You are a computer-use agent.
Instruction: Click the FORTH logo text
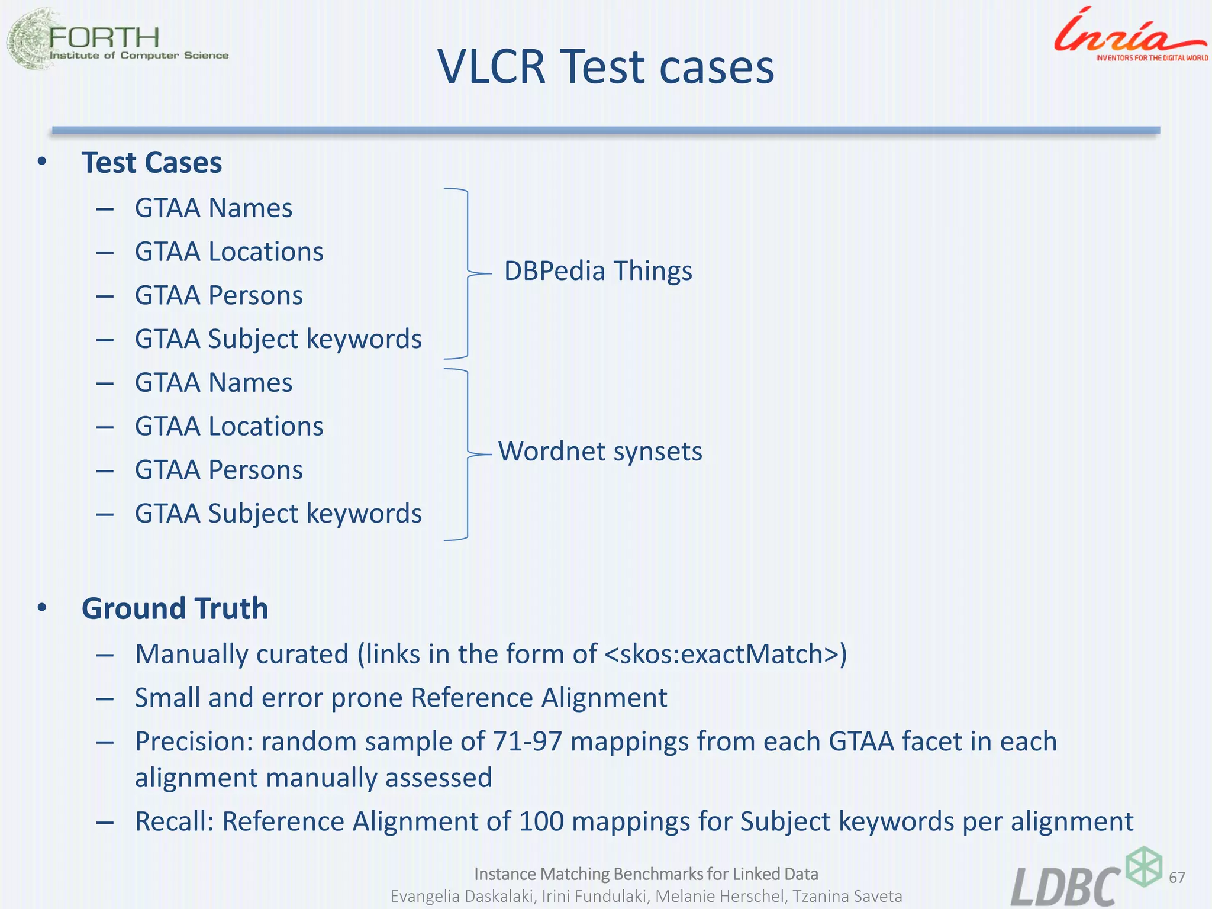click(x=104, y=38)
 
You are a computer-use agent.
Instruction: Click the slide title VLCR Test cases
click(x=605, y=67)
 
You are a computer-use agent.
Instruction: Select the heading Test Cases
click(x=151, y=163)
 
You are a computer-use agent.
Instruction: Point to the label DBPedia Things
click(x=598, y=271)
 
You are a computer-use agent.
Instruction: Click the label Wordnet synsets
click(x=600, y=452)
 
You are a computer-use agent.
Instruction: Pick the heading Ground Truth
click(x=175, y=608)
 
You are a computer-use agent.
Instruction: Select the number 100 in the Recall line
click(x=541, y=821)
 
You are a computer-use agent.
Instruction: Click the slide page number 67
click(x=1177, y=877)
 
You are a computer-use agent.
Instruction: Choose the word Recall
click(x=174, y=821)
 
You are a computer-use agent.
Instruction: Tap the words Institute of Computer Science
click(x=139, y=56)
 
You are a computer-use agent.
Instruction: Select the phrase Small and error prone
click(x=269, y=698)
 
